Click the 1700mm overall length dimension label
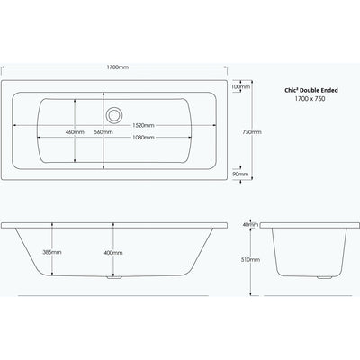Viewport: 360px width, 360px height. point(118,67)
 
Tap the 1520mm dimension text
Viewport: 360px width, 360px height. point(143,125)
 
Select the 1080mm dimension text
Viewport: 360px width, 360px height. point(143,138)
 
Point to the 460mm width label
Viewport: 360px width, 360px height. point(75,132)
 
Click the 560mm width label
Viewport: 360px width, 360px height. point(103,132)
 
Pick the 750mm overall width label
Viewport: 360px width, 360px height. point(252,132)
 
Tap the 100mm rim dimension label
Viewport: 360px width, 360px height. point(241,87)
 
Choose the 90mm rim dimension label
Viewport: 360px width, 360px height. point(241,174)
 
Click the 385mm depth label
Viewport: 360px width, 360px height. point(52,252)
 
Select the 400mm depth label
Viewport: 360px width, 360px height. point(113,253)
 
